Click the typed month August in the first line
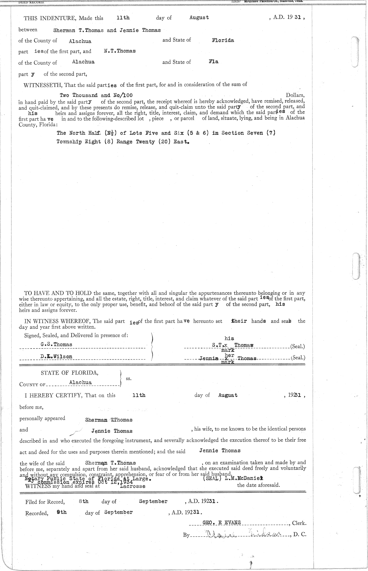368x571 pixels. pos(199,17)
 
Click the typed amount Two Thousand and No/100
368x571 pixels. pos(96,95)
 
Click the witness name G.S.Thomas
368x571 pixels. pos(56,344)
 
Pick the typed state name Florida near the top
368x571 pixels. pos(223,40)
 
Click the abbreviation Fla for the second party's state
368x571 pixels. pos(213,62)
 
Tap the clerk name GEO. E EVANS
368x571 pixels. pos(222,523)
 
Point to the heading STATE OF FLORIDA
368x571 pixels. pos(70,373)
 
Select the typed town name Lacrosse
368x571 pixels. pos(132,486)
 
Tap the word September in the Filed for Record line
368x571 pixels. pos(153,501)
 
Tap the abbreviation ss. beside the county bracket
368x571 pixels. pos(129,379)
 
